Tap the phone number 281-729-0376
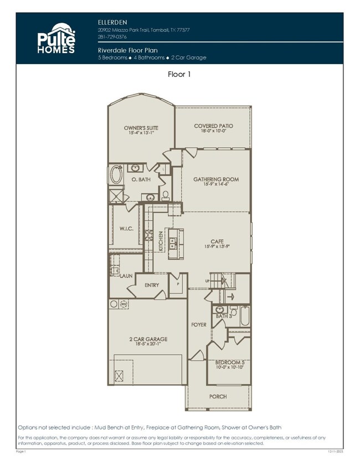tap(111, 37)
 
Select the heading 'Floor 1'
tap(180, 74)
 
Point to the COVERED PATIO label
tap(213, 126)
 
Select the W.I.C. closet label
tap(127, 227)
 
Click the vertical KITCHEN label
tap(161, 241)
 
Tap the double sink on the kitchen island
tap(173, 241)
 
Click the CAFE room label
tap(216, 241)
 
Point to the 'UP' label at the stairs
tap(208, 281)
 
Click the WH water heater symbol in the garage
tap(124, 304)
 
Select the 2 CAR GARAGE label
tap(149, 339)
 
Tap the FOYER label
tap(199, 325)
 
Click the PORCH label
tap(217, 396)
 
